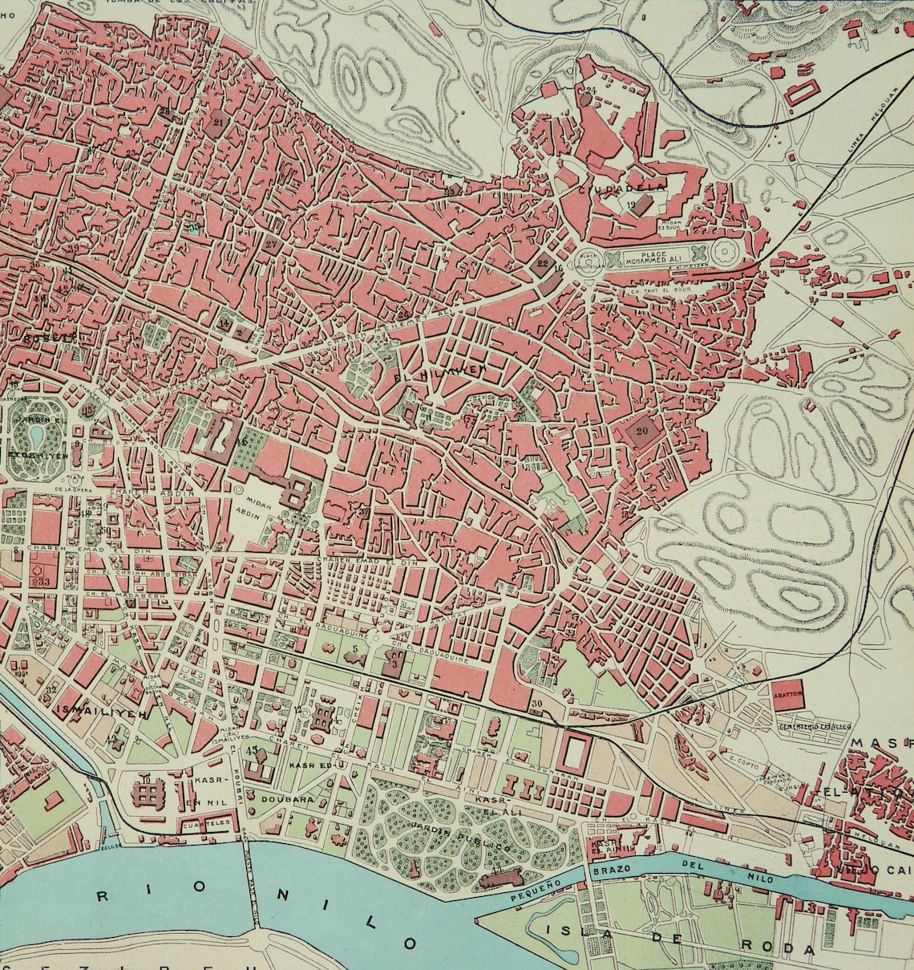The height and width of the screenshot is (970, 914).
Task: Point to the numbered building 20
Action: [641, 431]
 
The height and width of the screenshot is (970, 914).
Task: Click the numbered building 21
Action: [217, 122]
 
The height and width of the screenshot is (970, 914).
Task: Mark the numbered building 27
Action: [272, 245]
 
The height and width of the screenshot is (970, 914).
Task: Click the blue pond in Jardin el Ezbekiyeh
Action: [36, 436]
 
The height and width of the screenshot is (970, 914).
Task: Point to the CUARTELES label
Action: [206, 823]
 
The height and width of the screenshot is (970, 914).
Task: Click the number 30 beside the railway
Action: [536, 704]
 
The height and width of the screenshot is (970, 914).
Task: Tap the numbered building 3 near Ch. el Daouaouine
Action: [394, 664]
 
